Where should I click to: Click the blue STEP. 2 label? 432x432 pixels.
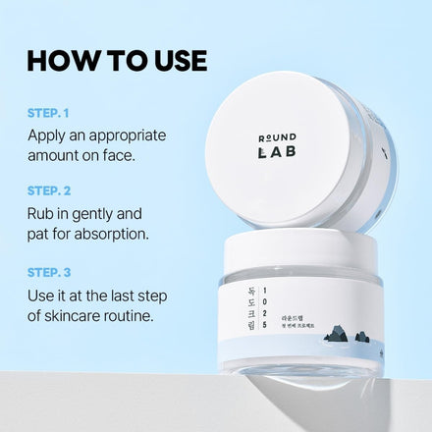tap(50, 189)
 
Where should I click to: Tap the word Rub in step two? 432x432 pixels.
tap(42, 212)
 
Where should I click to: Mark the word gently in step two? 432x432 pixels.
tap(99, 212)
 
